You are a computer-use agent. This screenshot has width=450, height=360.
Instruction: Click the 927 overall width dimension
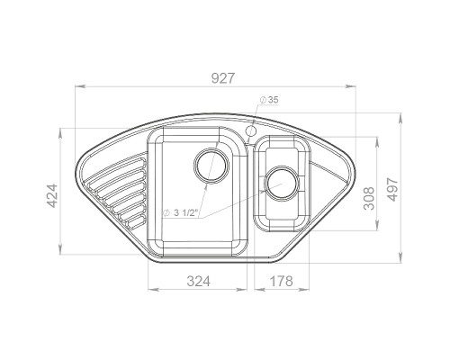point(222,78)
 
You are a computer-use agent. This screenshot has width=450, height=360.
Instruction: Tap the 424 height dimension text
point(53,196)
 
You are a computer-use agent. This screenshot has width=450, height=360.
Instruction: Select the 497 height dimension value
point(392,190)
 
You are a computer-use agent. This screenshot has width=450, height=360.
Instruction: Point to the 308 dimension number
point(369,198)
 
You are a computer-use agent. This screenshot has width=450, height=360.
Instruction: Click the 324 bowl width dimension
point(198,282)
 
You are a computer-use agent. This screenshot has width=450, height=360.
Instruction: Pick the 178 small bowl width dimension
point(281,282)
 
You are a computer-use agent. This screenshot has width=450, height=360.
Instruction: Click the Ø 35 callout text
point(269,100)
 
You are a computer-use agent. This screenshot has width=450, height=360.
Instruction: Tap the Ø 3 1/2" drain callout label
point(180,213)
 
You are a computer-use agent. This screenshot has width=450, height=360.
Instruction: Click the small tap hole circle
point(250,130)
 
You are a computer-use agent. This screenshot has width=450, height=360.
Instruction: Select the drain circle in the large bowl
point(211,166)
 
